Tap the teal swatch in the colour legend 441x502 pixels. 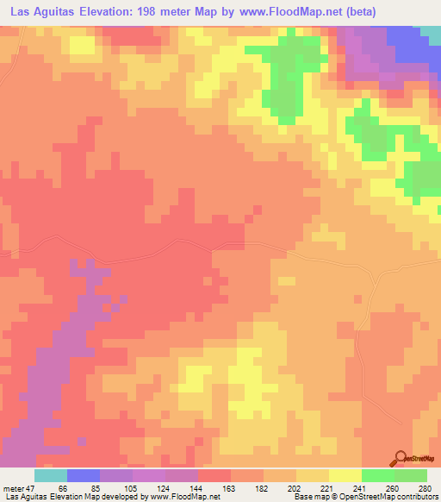pos(51,475)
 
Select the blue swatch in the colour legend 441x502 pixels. pos(84,475)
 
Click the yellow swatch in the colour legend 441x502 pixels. pos(345,475)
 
